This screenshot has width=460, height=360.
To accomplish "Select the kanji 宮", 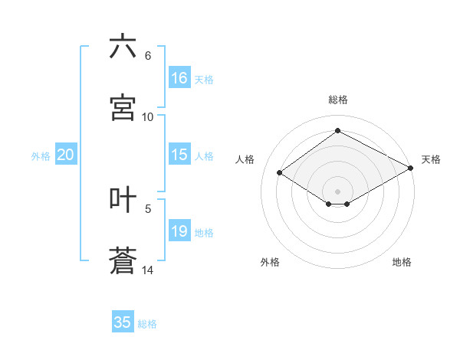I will click(123, 108).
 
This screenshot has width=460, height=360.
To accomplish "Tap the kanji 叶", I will click(123, 200).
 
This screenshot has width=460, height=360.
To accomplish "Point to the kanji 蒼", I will click(123, 261).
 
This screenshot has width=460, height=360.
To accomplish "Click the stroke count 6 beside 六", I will click(148, 56).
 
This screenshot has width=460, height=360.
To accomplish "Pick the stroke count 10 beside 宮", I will click(148, 117).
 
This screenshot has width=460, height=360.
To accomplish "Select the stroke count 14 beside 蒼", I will click(148, 270).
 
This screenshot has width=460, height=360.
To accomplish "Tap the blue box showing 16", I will click(179, 78).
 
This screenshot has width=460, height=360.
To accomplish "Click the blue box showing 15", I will click(179, 155).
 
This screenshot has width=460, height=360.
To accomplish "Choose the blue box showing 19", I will click(179, 231).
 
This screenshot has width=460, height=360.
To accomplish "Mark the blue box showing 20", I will click(65, 155).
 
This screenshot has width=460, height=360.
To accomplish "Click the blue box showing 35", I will click(123, 322).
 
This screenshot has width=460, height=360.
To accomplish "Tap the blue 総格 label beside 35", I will click(148, 324).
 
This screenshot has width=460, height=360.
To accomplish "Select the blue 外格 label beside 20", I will click(41, 156).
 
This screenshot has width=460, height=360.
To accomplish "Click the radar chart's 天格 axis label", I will click(431, 159).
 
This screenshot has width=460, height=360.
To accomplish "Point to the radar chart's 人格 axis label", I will click(245, 159).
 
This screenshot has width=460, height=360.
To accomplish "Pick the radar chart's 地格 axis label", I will click(402, 262).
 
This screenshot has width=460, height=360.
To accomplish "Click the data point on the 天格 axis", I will click(411, 168).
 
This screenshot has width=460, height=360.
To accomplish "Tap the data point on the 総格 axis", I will click(337, 131).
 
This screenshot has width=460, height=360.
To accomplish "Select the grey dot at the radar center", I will click(337, 191).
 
